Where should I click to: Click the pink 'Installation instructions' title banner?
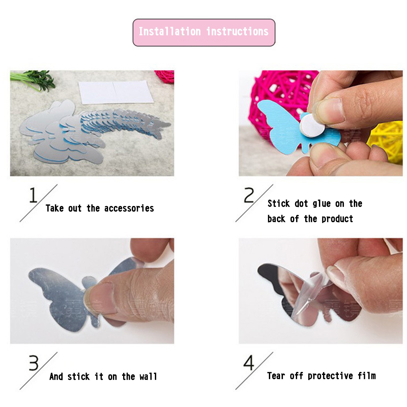204,32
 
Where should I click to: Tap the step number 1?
33,195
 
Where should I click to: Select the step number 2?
249,195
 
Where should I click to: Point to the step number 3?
34,363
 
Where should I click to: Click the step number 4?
249,363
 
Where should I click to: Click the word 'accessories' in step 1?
129,208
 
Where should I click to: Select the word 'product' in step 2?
337,219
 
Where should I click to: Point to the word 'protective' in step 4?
330,376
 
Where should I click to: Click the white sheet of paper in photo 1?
116,92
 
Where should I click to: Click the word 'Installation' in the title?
170,32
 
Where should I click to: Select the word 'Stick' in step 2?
279,203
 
